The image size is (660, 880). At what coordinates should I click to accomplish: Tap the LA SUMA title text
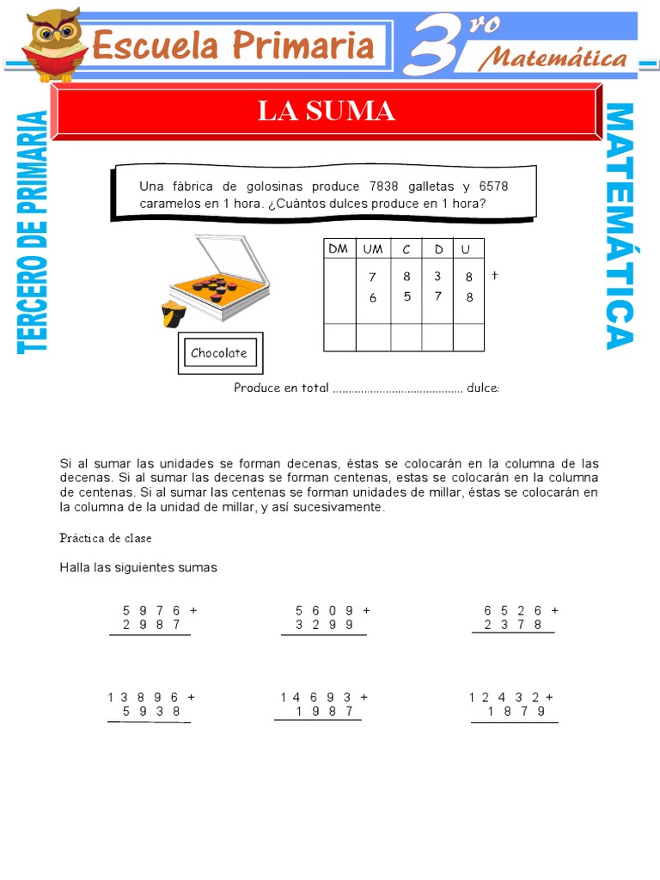[327, 111]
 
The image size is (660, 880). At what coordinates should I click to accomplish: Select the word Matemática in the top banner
[552, 58]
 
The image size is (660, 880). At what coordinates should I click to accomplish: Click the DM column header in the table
[339, 248]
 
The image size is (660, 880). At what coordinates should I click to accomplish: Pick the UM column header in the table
[373, 248]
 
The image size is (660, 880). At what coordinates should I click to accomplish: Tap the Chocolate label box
[219, 352]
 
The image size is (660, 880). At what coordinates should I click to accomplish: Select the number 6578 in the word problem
[493, 186]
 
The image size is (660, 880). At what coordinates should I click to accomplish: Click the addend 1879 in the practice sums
[516, 712]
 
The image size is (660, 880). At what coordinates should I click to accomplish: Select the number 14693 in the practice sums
[316, 697]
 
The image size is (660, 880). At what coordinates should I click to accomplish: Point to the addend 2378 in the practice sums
[513, 625]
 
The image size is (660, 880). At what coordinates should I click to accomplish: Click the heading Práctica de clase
[106, 538]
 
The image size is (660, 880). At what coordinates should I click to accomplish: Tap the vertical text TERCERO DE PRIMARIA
[32, 232]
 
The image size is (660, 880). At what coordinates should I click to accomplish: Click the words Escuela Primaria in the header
[233, 45]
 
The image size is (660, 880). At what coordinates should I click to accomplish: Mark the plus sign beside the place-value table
[495, 276]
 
